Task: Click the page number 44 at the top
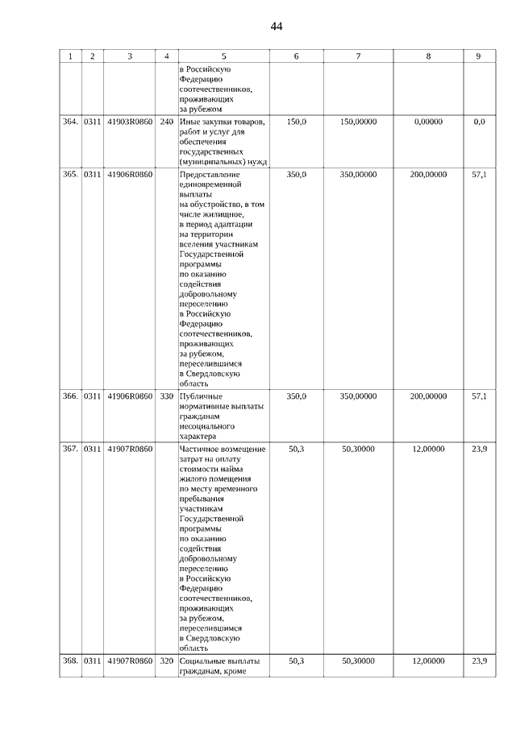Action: click(x=277, y=27)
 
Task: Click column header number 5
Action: click(x=223, y=56)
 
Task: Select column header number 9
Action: click(x=479, y=56)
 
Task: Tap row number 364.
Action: click(x=70, y=122)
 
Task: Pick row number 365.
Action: click(x=70, y=174)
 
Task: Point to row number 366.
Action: click(x=70, y=396)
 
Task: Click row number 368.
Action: click(x=70, y=661)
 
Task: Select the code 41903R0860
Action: click(x=129, y=122)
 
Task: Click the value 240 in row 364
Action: click(x=166, y=122)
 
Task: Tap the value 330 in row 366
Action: click(x=166, y=396)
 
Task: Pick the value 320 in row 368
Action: click(x=166, y=661)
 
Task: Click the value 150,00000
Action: click(x=358, y=122)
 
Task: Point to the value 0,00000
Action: click(x=428, y=122)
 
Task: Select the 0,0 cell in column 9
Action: click(x=479, y=122)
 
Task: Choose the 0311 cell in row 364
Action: click(x=93, y=122)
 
